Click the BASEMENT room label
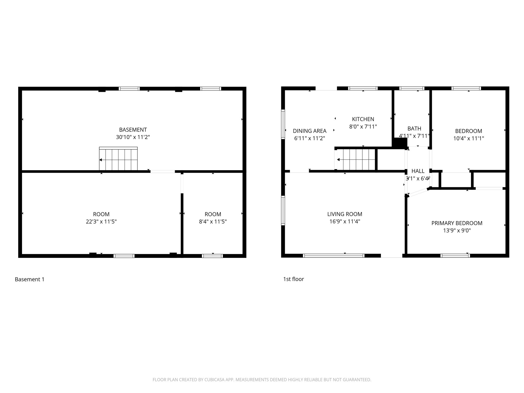tap(133, 130)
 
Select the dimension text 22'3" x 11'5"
tap(101, 222)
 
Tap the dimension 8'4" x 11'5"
tap(213, 222)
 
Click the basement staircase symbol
tap(118, 159)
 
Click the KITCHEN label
tap(363, 119)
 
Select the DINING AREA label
tap(310, 131)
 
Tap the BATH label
tap(414, 128)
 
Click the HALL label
tap(418, 171)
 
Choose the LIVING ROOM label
tap(345, 214)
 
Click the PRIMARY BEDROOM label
tap(457, 223)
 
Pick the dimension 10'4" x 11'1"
tap(468, 138)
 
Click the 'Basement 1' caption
tap(30, 279)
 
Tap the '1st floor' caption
tap(293, 279)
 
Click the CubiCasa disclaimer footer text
tap(262, 380)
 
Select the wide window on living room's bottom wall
tap(334, 255)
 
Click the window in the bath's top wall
tap(412, 89)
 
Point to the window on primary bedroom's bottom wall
tap(455, 255)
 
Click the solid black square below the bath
tap(399, 143)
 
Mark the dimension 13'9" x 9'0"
tap(457, 231)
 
